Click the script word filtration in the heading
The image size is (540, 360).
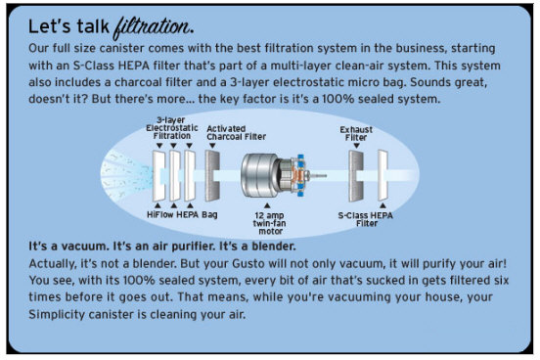click(154, 27)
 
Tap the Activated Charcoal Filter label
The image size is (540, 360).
click(237, 133)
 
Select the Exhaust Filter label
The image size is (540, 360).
click(356, 133)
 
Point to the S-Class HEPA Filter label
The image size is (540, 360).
click(366, 219)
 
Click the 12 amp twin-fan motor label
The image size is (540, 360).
click(270, 223)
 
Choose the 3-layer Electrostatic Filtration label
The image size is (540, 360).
click(172, 128)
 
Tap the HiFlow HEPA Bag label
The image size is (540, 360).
click(182, 214)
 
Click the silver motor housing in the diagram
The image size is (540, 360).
click(260, 175)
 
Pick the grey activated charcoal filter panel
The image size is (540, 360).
click(212, 176)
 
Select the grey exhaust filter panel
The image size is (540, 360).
click(356, 176)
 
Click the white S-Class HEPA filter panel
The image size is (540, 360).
click(382, 175)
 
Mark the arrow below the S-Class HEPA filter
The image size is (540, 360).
click(382, 205)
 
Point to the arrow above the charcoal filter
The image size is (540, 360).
click(212, 146)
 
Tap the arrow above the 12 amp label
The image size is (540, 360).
click(267, 206)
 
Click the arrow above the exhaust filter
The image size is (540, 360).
click(356, 146)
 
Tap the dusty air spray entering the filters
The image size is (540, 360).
click(126, 175)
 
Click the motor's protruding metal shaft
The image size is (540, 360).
click(318, 176)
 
